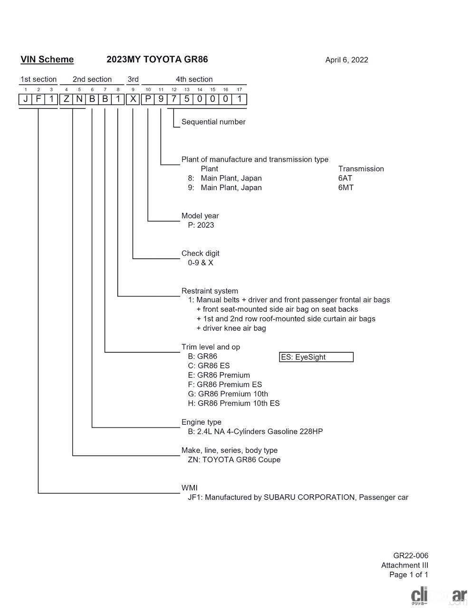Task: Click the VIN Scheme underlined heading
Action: coord(47,59)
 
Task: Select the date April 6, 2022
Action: coord(346,60)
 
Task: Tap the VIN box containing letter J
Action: coord(26,100)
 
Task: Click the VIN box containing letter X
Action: coord(134,100)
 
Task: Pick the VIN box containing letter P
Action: coord(148,100)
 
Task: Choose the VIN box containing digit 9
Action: coord(161,100)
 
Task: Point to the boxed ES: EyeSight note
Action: coord(316,357)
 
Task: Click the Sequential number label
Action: coord(213,122)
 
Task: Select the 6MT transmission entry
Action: coord(345,188)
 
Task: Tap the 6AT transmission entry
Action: coord(345,178)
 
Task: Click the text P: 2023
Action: coord(201,225)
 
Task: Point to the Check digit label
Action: coord(200,253)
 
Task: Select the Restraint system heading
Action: coord(210,291)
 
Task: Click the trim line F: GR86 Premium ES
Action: coord(225,385)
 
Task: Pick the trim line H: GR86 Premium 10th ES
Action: coord(234,403)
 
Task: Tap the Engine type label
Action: coord(201,422)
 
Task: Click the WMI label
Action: coord(189,488)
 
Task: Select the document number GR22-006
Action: coord(411,556)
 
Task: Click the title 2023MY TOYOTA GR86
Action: coord(157,59)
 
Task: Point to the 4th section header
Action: coord(194,79)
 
